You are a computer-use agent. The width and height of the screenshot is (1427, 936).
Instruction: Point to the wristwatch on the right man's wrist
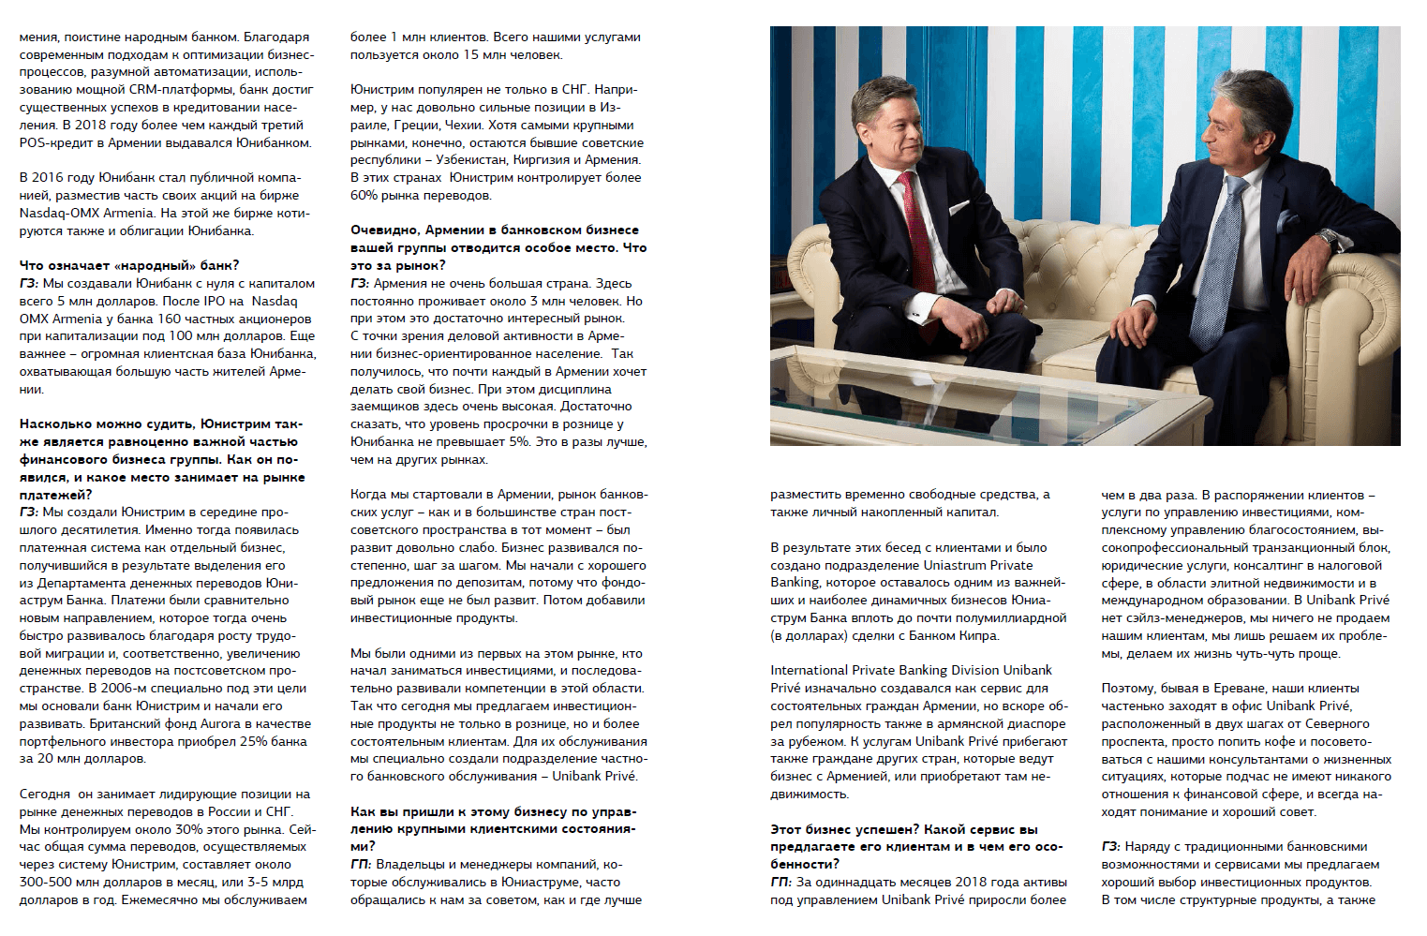coord(1328,236)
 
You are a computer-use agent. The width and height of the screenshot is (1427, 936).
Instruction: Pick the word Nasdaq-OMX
coord(58,214)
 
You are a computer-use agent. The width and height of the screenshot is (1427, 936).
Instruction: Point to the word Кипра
coord(979,636)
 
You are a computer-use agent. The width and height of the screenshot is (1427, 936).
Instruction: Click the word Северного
coord(1337,724)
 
